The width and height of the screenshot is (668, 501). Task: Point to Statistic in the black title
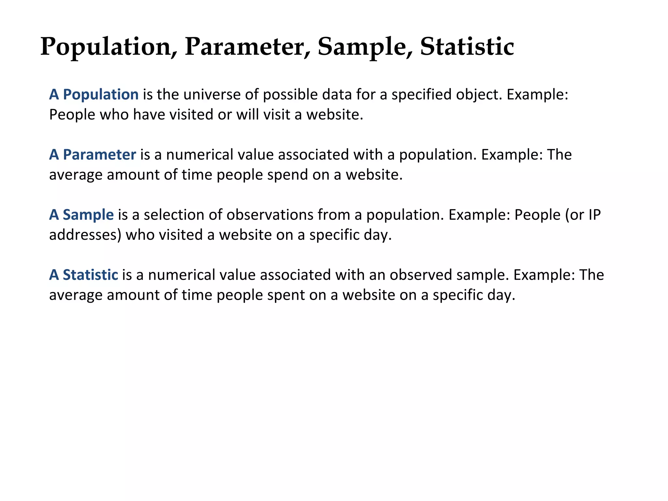click(x=467, y=47)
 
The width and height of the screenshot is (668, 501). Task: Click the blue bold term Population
click(x=100, y=95)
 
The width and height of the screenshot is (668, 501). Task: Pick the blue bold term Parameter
click(x=99, y=155)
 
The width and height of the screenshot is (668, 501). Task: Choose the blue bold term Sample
click(x=88, y=215)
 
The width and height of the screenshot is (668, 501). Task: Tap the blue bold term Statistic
click(x=90, y=275)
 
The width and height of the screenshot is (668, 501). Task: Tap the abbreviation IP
click(x=594, y=215)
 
